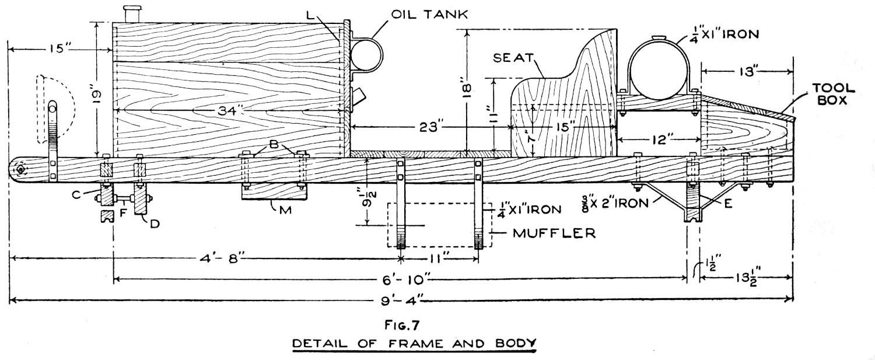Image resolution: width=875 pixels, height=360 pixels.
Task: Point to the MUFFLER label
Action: [554, 233]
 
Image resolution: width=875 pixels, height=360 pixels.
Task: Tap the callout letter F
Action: [123, 214]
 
